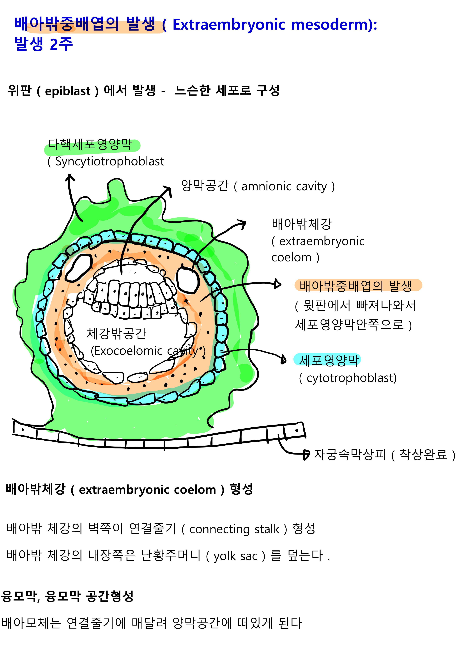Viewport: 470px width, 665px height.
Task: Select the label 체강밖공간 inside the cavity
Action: point(117,334)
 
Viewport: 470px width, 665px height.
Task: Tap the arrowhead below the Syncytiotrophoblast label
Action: point(69,177)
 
